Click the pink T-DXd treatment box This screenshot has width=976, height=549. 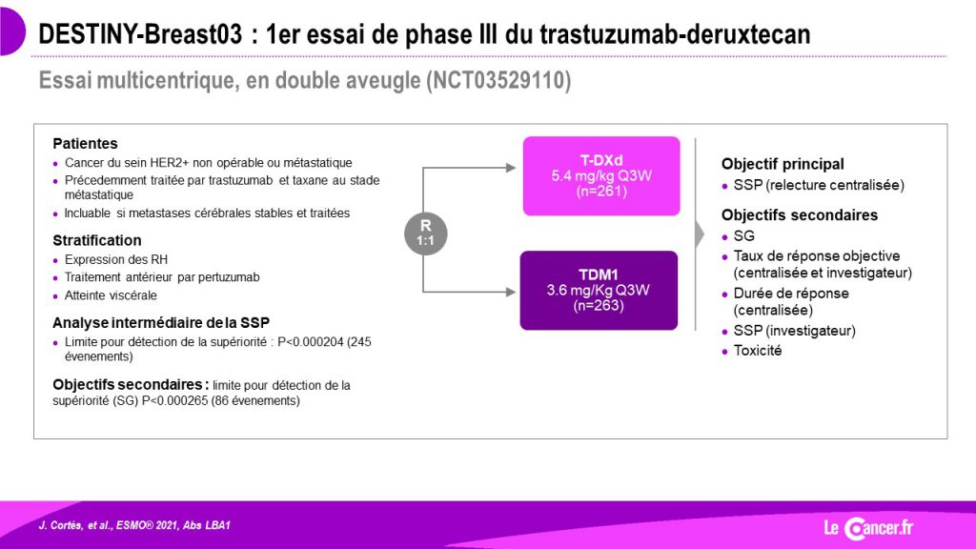coord(601,176)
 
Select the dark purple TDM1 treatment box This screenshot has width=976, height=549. coord(599,290)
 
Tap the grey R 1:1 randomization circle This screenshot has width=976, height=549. coord(426,234)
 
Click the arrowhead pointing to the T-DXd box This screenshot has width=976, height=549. coord(511,168)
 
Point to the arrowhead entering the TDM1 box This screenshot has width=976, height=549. coord(511,292)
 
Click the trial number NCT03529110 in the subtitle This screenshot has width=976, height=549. coord(498,81)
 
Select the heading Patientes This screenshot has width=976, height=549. coord(85,143)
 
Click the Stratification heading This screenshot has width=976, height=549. coord(97,240)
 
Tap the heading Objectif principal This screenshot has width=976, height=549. coord(783,164)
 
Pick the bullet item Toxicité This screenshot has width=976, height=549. coord(758,351)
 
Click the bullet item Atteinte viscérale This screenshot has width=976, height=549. coord(111,295)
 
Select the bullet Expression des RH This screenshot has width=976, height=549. coord(115,259)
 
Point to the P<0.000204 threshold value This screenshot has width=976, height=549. coord(311,342)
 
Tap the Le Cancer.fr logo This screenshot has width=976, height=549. coord(869,528)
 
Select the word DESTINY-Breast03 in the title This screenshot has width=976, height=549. coord(140,34)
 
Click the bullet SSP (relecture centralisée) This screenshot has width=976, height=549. coord(819,185)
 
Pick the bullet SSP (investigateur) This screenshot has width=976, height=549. coord(794,331)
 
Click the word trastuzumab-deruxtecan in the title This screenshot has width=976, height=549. coord(676,34)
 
